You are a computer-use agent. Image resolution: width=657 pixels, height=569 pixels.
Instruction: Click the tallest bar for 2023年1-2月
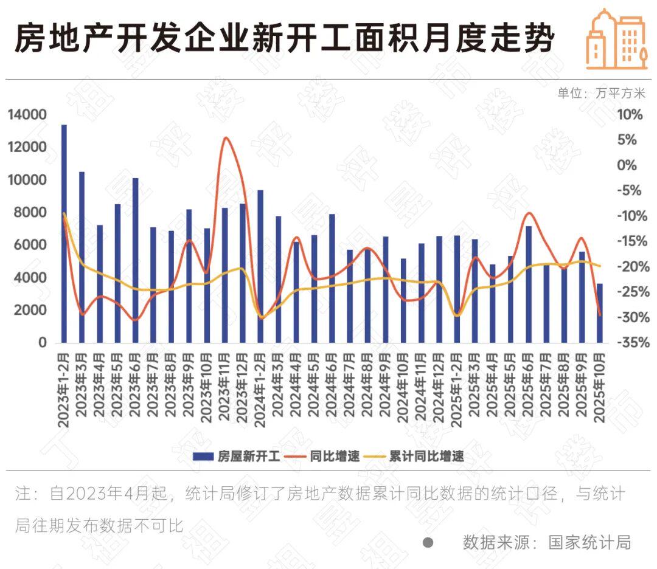tap(64, 234)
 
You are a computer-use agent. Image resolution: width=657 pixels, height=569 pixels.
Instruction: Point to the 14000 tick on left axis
tap(27, 115)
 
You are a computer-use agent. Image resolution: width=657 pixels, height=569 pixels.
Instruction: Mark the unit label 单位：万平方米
tap(601, 93)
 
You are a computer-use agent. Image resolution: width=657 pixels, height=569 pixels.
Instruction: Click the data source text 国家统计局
tap(589, 542)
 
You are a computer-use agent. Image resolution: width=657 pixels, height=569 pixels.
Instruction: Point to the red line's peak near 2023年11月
tap(226, 138)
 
